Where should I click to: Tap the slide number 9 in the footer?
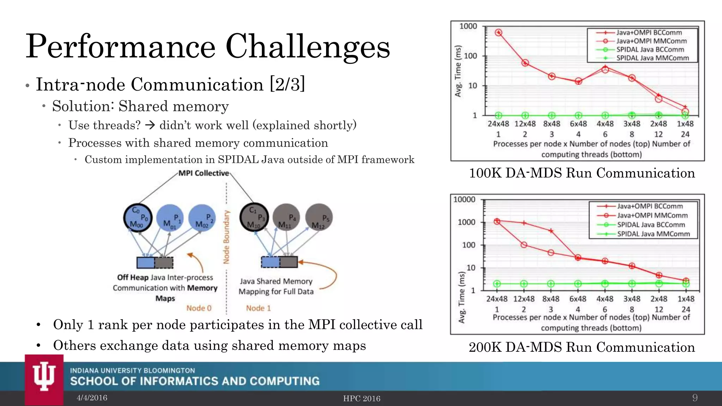(x=695, y=398)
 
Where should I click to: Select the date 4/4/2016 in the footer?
(x=92, y=398)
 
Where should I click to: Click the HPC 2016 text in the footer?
(x=362, y=398)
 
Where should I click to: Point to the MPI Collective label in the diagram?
(x=203, y=173)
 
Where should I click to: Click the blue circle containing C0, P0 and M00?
(x=138, y=218)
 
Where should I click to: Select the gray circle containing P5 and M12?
(x=319, y=218)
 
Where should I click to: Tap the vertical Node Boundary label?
(x=226, y=237)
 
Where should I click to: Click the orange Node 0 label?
(x=199, y=308)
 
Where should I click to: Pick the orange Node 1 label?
(x=258, y=308)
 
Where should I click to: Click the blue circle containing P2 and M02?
(x=202, y=218)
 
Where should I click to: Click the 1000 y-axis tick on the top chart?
(x=468, y=26)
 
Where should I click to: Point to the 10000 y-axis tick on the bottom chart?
(x=464, y=199)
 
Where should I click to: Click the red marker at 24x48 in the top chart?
(x=498, y=32)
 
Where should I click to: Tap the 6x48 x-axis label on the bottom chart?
(x=578, y=299)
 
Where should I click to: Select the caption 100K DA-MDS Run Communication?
(x=582, y=173)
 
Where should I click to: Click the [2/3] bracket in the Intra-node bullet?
(x=287, y=85)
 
